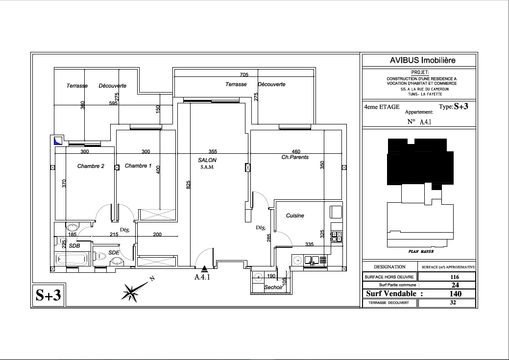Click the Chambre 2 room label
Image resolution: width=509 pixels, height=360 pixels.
[91, 166]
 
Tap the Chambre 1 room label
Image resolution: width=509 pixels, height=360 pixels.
[138, 166]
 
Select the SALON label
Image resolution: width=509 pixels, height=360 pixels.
[207, 160]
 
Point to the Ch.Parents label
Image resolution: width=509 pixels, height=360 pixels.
[295, 157]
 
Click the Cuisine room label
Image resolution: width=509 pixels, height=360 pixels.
[295, 216]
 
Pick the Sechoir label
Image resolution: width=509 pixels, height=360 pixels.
[273, 288]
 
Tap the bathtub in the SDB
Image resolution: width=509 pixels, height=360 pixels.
[73, 259]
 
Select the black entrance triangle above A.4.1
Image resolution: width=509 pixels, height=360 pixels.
[204, 268]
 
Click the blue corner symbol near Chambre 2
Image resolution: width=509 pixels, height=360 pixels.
[58, 141]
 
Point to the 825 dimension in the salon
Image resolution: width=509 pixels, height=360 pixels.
[188, 185]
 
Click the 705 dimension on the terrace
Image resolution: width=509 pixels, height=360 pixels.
[244, 74]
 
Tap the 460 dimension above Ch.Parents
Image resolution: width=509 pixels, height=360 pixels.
[296, 151]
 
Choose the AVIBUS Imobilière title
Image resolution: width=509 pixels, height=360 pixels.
[422, 60]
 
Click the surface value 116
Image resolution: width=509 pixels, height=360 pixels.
[455, 277]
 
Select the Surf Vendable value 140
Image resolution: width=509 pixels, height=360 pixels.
[455, 294]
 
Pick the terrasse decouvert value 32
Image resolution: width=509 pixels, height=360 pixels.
[453, 303]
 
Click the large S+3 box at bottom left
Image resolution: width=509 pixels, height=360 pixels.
[48, 295]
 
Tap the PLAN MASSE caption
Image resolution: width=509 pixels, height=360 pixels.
[421, 252]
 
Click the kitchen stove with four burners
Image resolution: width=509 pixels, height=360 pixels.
[337, 236]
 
